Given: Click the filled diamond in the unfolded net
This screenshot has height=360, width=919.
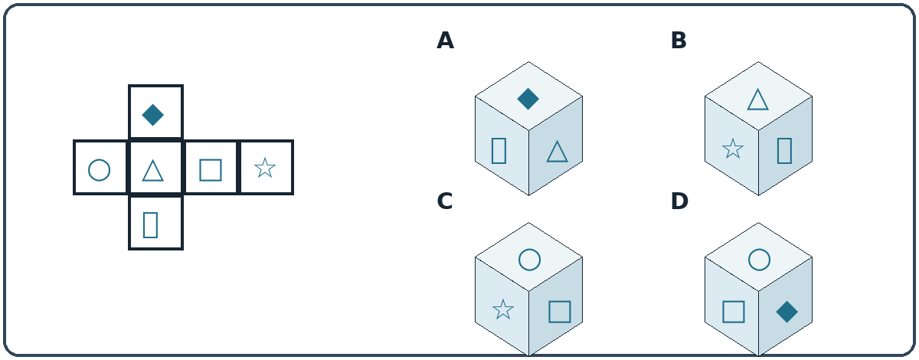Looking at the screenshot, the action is point(152,115).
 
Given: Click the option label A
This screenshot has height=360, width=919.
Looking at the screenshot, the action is point(445,41).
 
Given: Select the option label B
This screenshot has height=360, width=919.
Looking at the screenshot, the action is point(679,41).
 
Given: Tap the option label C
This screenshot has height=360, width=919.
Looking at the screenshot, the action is point(445,201).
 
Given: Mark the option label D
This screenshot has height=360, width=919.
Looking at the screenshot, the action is point(679,201).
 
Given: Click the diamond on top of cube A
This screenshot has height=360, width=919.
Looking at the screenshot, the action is point(528,99).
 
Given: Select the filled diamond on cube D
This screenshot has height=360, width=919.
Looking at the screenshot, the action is point(787,312).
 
